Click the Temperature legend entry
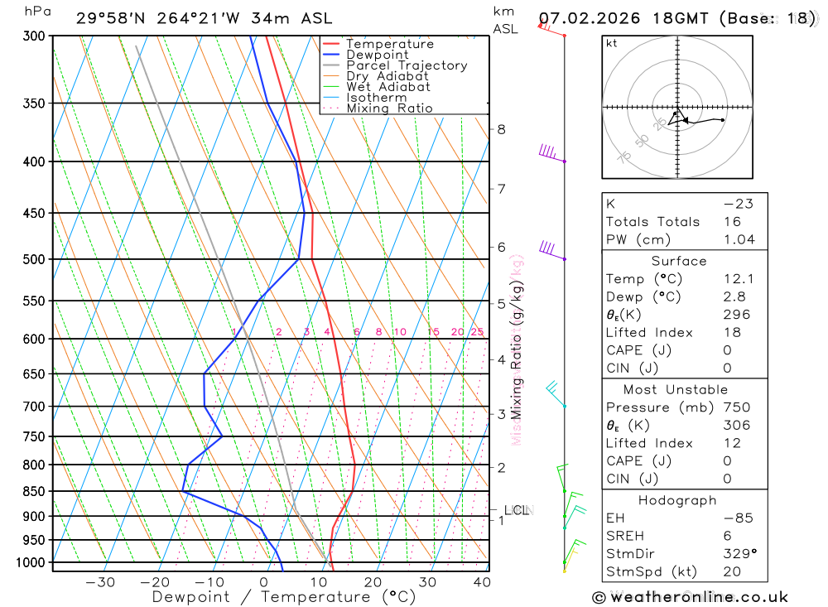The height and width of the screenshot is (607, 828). point(389,44)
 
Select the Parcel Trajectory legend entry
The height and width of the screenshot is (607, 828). point(407,65)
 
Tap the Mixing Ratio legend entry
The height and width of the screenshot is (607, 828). point(389,108)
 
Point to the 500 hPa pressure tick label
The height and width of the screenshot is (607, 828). point(34,259)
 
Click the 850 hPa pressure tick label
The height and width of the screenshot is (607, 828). point(34,491)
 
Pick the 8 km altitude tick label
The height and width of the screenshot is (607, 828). point(501,129)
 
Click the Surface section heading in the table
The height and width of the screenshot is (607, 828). point(679,261)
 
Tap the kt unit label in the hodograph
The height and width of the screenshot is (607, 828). point(612,43)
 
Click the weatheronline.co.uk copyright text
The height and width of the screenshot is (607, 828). point(690,597)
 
